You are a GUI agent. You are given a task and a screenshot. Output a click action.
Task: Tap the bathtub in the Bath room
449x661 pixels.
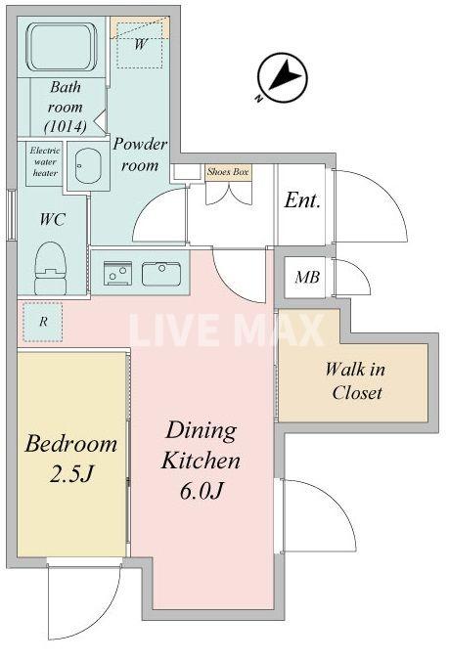59,48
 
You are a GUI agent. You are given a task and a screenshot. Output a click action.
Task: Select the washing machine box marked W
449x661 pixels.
141,44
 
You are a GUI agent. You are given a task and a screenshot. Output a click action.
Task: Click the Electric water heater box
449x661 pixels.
45,161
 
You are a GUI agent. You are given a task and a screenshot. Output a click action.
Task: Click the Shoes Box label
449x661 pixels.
228,172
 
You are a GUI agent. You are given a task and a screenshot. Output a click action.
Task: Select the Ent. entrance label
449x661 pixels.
303,200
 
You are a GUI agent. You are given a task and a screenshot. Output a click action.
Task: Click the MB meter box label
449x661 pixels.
307,278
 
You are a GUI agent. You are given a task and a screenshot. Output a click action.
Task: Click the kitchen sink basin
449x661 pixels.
159,273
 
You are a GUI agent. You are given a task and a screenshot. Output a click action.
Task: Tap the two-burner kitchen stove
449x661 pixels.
118,273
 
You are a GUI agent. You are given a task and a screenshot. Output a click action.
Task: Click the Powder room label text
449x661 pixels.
140,154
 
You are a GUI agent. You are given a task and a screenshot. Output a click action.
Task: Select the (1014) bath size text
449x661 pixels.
66,126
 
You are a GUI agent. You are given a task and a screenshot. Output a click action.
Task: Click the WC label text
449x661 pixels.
53,219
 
